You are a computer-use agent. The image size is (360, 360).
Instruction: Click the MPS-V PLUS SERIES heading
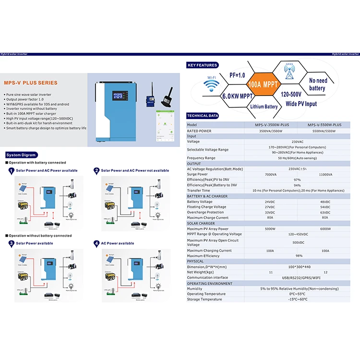click(30, 83)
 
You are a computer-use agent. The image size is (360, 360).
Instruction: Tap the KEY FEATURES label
click(203, 65)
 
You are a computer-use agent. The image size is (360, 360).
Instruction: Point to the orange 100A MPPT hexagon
click(262, 84)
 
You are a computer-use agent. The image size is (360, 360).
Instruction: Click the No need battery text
click(318, 84)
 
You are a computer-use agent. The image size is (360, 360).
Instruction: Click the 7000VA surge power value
click(271, 174)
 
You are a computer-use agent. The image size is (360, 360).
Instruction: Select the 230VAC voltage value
click(298, 142)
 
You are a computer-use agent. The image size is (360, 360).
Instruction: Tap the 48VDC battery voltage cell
click(325, 202)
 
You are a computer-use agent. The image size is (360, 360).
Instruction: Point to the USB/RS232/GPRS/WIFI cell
click(298, 277)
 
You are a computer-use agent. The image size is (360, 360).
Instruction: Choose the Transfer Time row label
click(199, 191)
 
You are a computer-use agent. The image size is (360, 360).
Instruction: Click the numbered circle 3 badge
click(11, 243)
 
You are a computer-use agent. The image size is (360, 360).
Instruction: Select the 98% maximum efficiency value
click(298, 256)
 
